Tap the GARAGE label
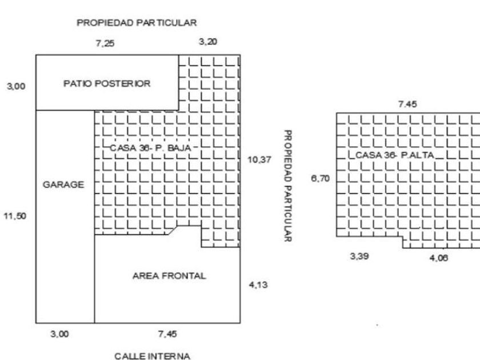click(63, 185)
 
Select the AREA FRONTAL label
click(169, 276)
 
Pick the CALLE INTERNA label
click(152, 356)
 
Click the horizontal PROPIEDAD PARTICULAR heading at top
click(137, 23)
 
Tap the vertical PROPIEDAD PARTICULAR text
click(288, 186)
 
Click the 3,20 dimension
click(207, 42)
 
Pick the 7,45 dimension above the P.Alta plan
click(407, 104)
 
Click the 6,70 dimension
click(318, 179)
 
